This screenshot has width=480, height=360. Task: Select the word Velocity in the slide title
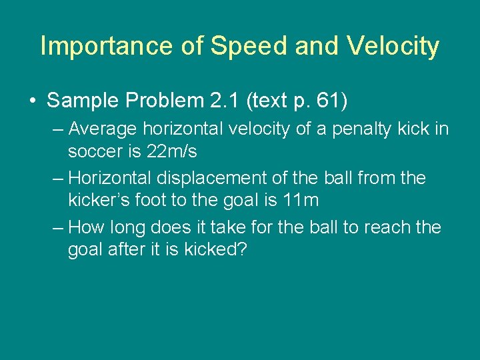coord(392,47)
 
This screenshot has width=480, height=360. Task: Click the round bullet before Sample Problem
coord(32,101)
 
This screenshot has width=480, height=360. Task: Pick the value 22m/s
coord(173,151)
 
